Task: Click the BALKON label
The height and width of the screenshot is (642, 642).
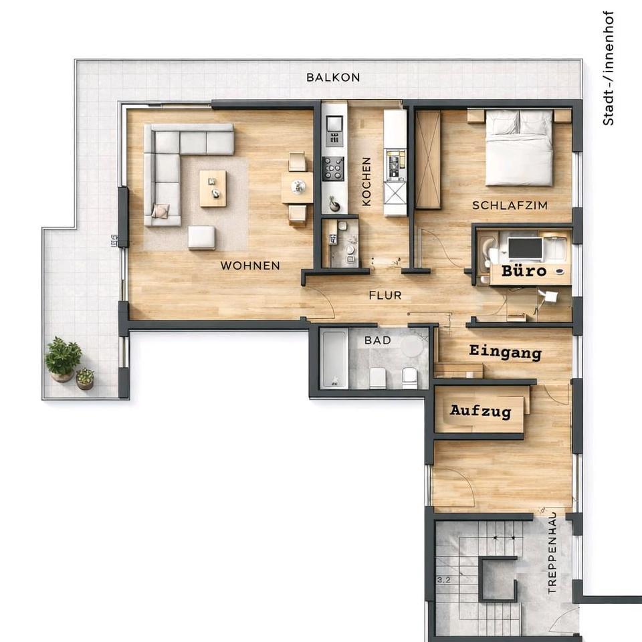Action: (x=333, y=78)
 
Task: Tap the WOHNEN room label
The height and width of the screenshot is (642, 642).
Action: (x=250, y=265)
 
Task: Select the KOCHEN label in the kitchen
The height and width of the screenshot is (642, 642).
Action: (x=366, y=181)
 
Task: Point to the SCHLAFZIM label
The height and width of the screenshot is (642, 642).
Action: (x=510, y=205)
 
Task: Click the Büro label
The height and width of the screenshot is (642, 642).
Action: (x=524, y=271)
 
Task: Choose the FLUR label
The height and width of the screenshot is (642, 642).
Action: (x=385, y=295)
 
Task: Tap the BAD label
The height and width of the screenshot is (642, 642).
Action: (x=377, y=340)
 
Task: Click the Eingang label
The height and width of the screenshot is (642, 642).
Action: (x=506, y=352)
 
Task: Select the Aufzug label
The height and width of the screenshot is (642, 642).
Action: (x=481, y=411)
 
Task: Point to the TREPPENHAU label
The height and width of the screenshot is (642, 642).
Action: (x=552, y=553)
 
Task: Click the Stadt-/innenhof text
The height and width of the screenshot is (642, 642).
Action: (x=609, y=68)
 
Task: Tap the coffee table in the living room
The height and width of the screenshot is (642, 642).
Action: (x=213, y=189)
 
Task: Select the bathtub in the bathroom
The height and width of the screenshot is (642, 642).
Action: (x=334, y=358)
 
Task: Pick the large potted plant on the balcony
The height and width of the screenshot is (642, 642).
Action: (x=63, y=358)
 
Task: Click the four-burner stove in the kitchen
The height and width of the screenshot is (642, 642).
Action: (x=333, y=169)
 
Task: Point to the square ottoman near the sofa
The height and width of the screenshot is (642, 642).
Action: (x=202, y=237)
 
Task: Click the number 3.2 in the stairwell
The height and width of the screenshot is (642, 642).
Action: (x=443, y=580)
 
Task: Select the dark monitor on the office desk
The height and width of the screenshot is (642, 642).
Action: (x=525, y=248)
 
